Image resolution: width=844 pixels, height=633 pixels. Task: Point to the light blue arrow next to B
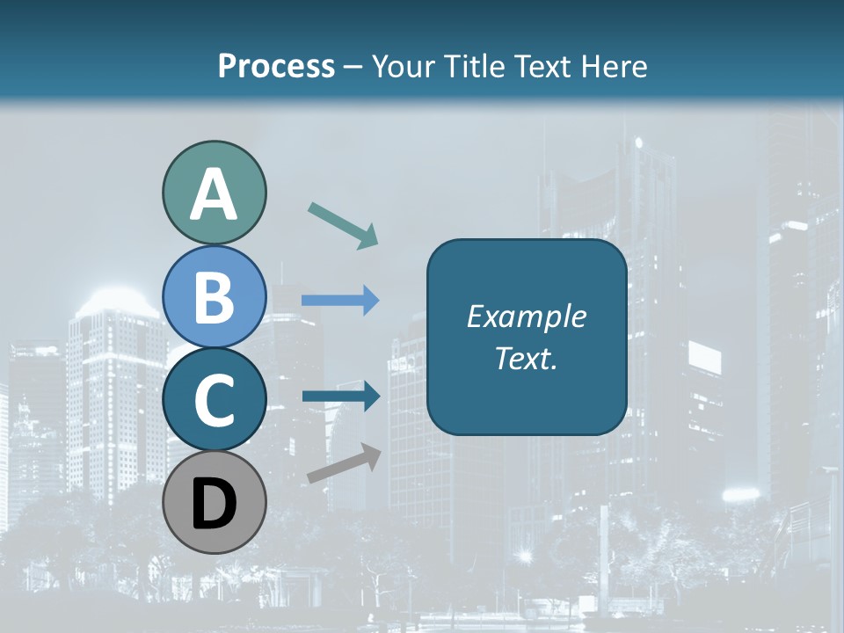(x=340, y=301)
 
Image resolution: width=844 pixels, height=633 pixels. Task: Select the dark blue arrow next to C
(x=340, y=396)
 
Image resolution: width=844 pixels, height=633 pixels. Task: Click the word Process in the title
(x=276, y=67)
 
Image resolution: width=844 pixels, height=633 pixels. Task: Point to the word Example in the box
(x=527, y=316)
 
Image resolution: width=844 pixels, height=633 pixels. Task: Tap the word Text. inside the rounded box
(x=527, y=358)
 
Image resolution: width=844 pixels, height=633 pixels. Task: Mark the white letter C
(x=214, y=402)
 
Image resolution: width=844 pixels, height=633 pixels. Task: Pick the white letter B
(x=214, y=297)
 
